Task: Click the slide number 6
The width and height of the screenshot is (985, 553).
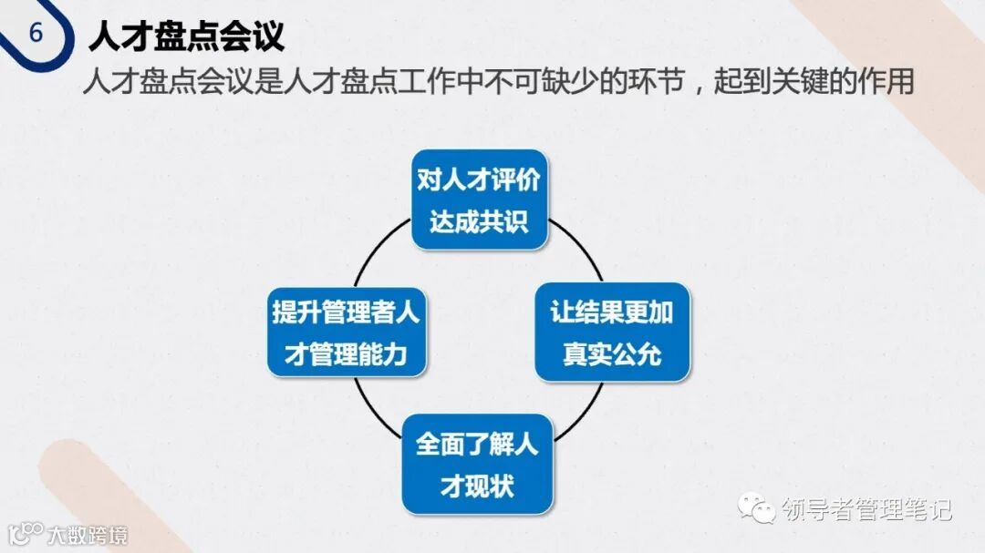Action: [36, 34]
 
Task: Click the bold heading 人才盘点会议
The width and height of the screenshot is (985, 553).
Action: [187, 36]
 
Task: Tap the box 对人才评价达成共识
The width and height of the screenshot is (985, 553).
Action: [479, 200]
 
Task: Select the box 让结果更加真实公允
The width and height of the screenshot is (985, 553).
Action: [612, 332]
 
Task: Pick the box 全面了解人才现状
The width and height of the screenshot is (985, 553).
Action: [477, 464]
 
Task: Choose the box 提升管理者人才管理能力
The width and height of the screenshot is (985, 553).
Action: [346, 332]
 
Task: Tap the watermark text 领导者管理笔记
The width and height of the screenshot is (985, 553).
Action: [866, 508]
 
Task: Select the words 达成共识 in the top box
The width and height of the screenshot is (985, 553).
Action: [479, 221]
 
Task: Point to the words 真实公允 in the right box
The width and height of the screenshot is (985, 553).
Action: [612, 353]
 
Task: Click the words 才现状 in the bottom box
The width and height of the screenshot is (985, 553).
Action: [477, 486]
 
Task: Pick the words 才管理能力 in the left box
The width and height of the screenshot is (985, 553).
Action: [346, 353]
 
